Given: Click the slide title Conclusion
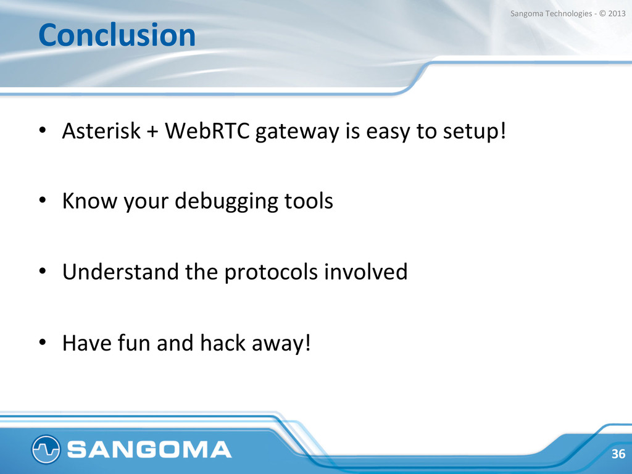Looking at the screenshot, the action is pos(117,35).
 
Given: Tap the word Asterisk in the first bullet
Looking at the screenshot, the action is pos(102,131).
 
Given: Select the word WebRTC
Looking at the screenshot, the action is pos(207,131).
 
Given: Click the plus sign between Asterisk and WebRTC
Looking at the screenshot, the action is pos(153,132).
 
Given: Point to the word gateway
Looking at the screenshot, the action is pos(297,132).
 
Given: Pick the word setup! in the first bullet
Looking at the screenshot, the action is pos(475,132).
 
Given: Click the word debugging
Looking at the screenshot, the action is pos(227,202).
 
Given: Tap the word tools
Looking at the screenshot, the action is pos(309,201).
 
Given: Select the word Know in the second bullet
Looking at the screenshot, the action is pos(89,201).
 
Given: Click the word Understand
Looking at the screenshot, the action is pos(120,272).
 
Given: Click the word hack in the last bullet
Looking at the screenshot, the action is pos(223,343).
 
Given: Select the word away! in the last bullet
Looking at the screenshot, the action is pos(281,344).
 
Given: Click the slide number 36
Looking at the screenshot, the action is pos(618,454).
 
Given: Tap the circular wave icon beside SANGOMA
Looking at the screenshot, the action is pos(46,449).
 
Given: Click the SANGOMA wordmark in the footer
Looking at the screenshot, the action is pos(149,449).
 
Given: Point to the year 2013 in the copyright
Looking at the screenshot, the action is pos(617,14).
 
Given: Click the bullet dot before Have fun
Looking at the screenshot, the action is pos(43,343).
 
